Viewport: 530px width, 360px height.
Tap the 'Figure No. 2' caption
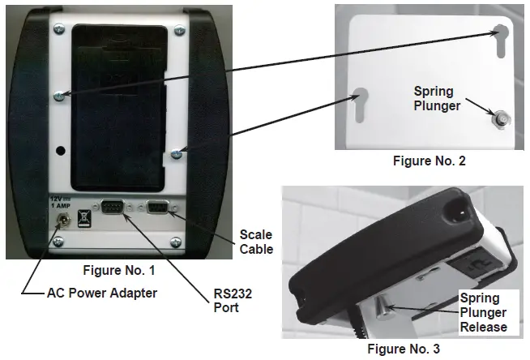[x=430, y=161]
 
